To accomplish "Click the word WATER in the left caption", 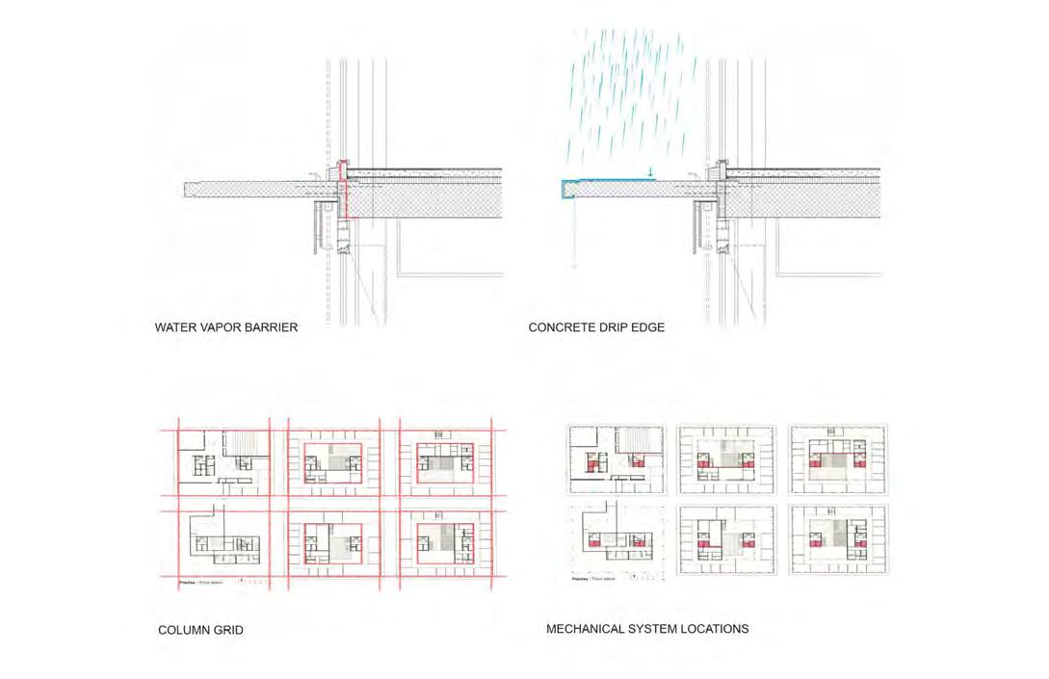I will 175,327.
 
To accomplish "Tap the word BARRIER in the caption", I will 271,327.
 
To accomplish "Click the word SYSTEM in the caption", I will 660,629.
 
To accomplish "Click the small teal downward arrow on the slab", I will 651,173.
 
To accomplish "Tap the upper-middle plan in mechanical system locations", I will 726,459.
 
